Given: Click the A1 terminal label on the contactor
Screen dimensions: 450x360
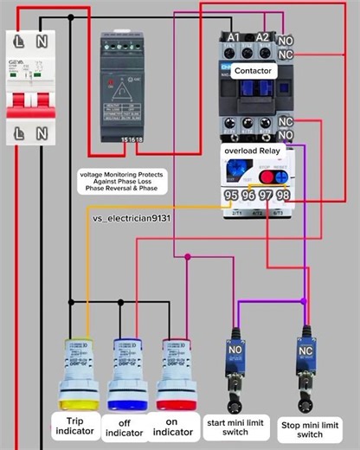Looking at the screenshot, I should (x=233, y=37).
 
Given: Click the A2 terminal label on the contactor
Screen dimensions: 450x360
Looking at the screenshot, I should (x=262, y=37).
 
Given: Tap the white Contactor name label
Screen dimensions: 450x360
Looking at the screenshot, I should (x=254, y=70).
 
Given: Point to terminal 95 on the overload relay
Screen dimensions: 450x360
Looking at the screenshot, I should (x=232, y=196).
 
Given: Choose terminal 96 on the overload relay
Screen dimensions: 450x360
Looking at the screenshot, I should (x=249, y=196).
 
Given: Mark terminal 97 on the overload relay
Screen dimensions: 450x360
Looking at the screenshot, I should (x=267, y=196).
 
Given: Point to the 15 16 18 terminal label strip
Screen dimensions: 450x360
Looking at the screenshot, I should (x=132, y=138).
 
